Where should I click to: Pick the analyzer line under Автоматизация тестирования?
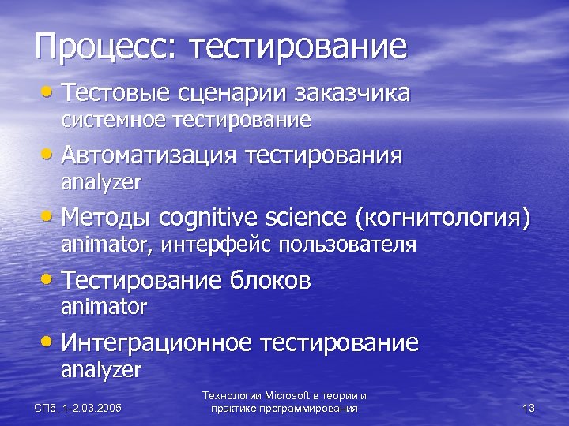click(x=101, y=184)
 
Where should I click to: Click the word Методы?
click(x=107, y=217)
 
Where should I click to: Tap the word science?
click(x=310, y=217)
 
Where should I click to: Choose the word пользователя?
click(x=349, y=245)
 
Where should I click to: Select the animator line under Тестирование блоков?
click(x=104, y=306)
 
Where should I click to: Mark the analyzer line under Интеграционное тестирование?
click(x=101, y=369)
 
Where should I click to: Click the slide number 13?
click(x=529, y=408)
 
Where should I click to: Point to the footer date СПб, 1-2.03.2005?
click(x=77, y=408)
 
